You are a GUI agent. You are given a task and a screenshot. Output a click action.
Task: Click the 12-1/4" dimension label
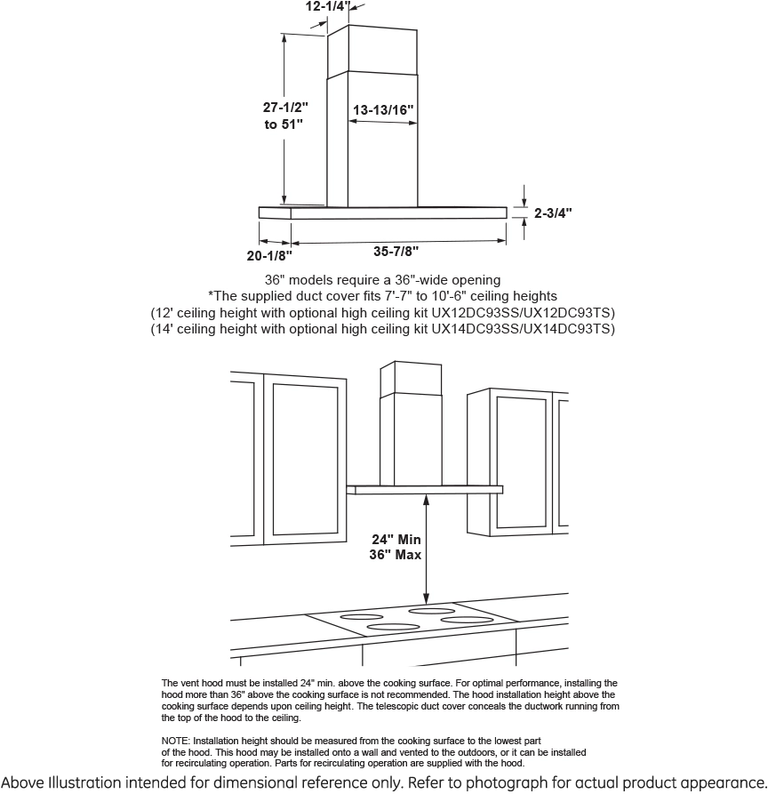(x=326, y=6)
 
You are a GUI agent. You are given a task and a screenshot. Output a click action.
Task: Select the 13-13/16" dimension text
(x=383, y=110)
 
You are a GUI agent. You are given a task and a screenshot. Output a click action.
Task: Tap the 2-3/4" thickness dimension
(x=553, y=213)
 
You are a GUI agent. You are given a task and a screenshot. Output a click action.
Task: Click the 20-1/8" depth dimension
(x=269, y=256)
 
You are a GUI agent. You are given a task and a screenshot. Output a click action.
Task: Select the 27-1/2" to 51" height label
(x=284, y=116)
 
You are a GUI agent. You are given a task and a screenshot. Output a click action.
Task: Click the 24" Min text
(x=396, y=539)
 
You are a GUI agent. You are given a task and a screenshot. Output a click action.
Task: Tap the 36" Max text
(x=396, y=555)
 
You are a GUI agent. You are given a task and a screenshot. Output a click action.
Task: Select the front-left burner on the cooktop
(x=392, y=628)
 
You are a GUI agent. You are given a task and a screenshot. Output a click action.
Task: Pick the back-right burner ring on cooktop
(x=431, y=611)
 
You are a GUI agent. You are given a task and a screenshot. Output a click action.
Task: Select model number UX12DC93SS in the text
(x=476, y=313)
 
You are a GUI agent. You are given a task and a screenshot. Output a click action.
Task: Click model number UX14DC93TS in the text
(x=569, y=329)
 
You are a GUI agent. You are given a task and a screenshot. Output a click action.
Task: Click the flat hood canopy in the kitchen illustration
(x=425, y=488)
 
